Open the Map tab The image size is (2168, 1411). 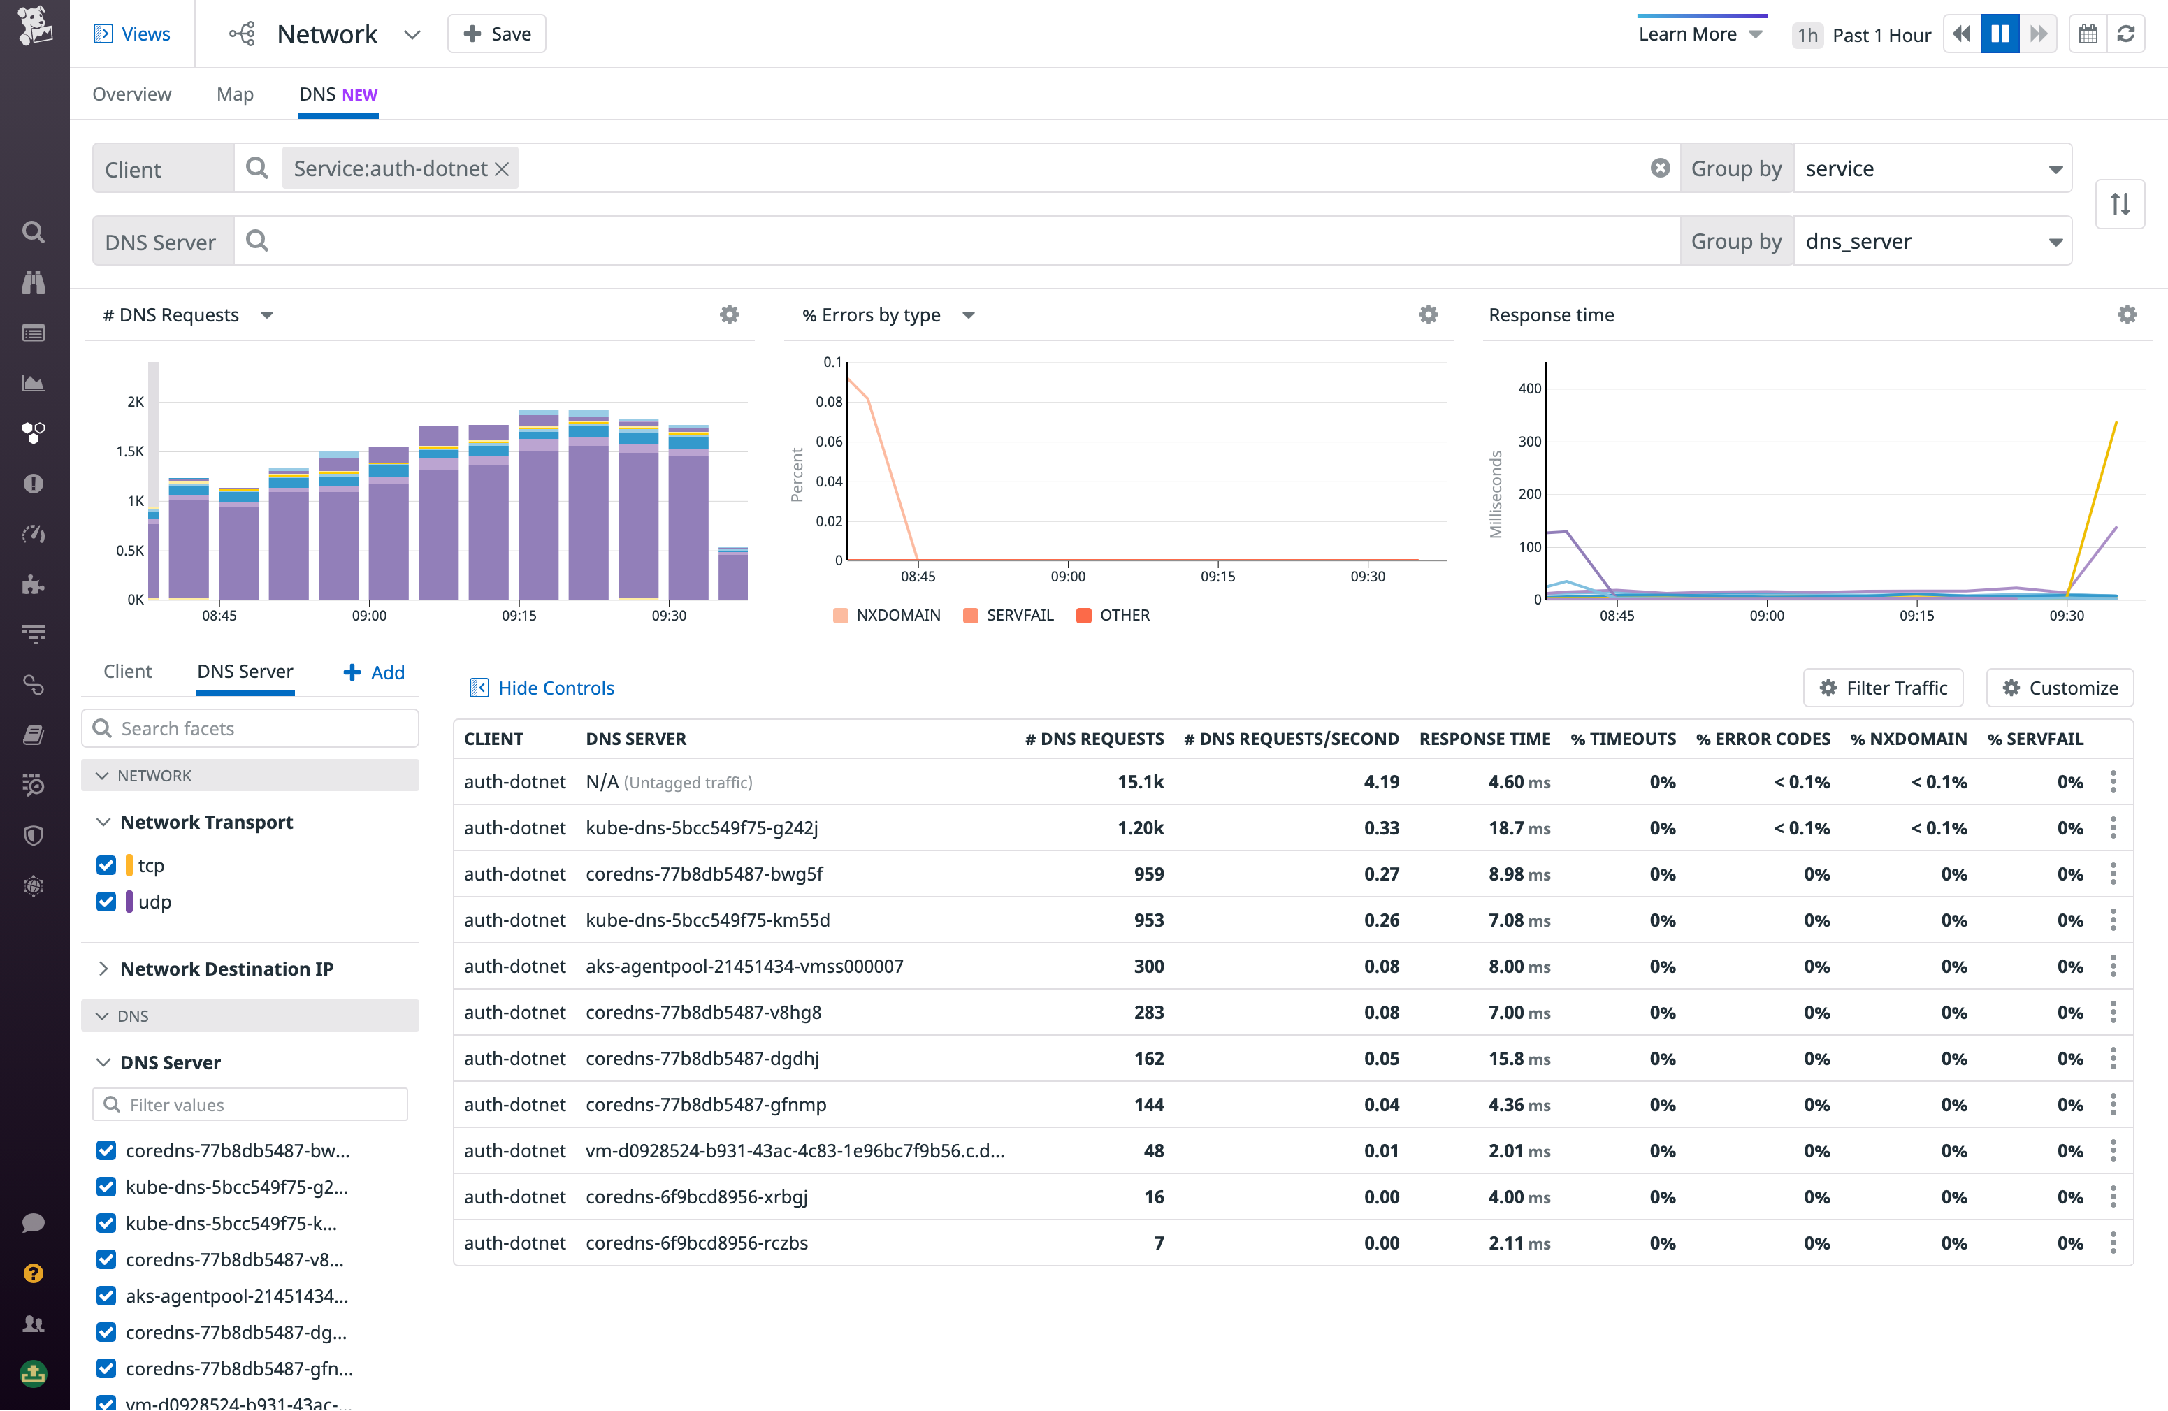tap(235, 94)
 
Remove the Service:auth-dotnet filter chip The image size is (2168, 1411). tap(502, 168)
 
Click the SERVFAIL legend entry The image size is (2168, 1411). tap(1009, 615)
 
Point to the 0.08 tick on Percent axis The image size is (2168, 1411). tap(828, 402)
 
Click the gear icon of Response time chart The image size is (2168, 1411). tap(2127, 314)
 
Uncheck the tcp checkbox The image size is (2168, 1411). tap(106, 865)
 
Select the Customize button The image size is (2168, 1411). tap(2060, 688)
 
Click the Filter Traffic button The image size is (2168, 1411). tap(1883, 688)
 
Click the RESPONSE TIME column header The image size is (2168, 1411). tap(1484, 739)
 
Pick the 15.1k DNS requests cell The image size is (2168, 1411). tap(1141, 781)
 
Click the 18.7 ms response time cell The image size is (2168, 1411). tap(1519, 828)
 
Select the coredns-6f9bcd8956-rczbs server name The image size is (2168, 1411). tap(697, 1243)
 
